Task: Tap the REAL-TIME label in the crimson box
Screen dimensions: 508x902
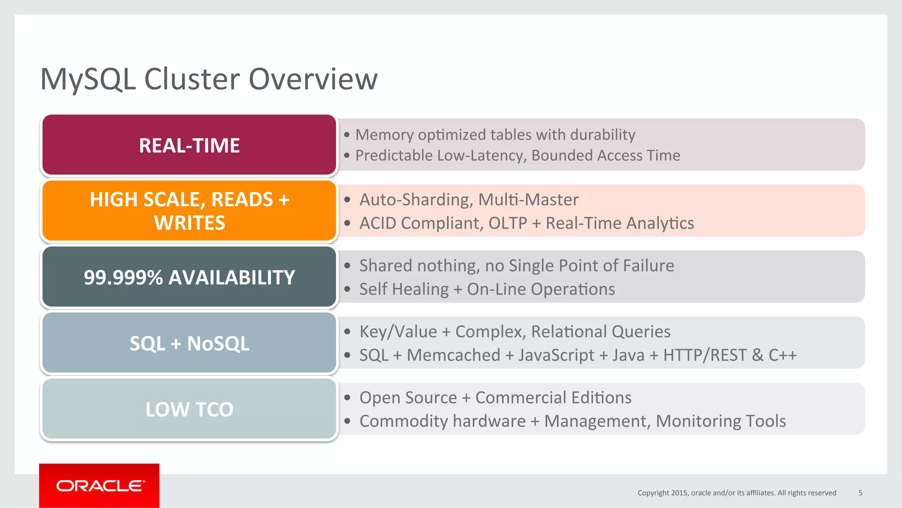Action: coord(189,145)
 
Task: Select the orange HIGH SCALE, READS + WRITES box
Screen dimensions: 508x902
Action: coord(189,211)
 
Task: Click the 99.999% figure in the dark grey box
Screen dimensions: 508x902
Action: coord(123,278)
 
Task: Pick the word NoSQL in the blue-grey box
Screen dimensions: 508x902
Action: coord(218,344)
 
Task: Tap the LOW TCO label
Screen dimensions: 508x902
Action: coord(189,409)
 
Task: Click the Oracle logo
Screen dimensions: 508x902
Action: coord(100,486)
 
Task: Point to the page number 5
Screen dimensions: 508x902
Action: coord(860,493)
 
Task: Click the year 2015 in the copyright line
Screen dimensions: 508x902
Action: coord(679,493)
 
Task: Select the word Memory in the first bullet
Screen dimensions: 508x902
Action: coord(384,135)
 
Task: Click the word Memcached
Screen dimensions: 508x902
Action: coord(453,355)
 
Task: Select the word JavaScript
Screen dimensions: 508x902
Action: coord(556,355)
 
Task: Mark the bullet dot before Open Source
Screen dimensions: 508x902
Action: coord(347,398)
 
